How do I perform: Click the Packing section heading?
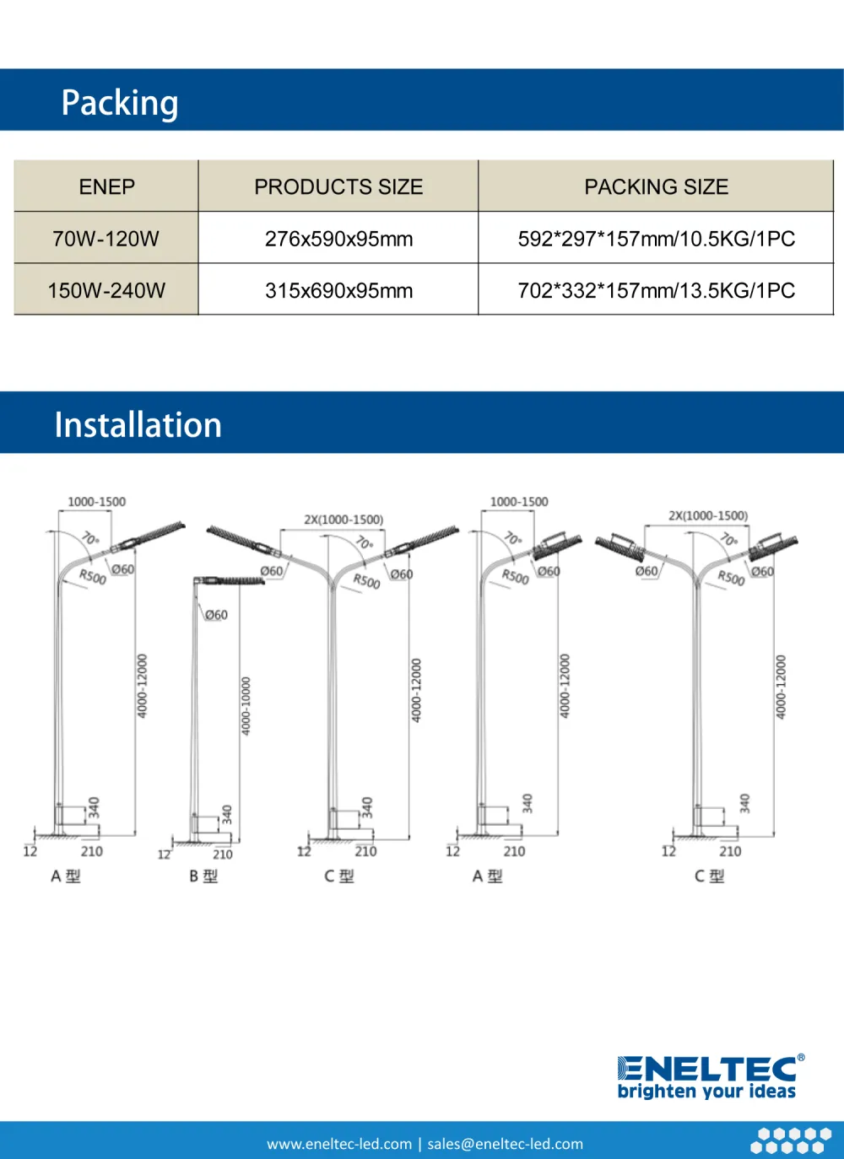coord(120,103)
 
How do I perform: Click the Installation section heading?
coord(138,424)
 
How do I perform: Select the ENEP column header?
coord(106,186)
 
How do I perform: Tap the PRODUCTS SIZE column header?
coord(338,186)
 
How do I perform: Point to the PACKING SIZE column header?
coord(656,186)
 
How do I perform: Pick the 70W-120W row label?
coord(106,239)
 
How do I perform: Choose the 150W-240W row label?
coord(106,290)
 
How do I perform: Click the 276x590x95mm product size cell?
coord(338,239)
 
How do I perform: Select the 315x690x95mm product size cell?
coord(338,290)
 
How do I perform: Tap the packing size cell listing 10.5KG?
coord(656,239)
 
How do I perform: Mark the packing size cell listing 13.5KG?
coord(656,290)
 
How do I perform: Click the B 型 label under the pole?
coord(203,876)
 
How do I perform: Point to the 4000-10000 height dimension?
coord(246,705)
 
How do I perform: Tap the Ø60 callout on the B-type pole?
coord(216,615)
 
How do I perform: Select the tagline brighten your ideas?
coord(706,1092)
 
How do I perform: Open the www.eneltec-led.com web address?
coord(339,1144)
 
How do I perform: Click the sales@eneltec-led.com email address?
coord(505,1144)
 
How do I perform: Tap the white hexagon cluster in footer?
coord(791,1140)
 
